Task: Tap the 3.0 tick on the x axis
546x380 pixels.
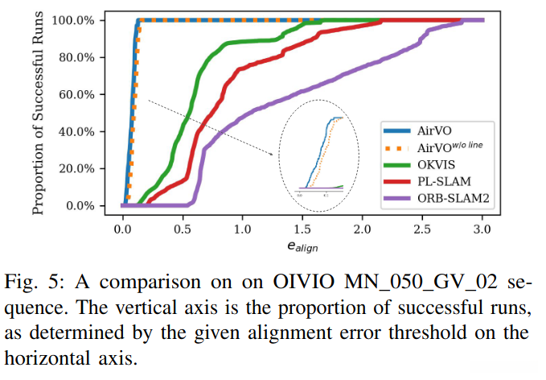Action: click(x=482, y=229)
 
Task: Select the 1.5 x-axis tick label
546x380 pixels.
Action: click(x=302, y=229)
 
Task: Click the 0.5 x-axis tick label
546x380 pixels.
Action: click(x=183, y=229)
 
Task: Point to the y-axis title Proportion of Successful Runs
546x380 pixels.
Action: click(x=38, y=112)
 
